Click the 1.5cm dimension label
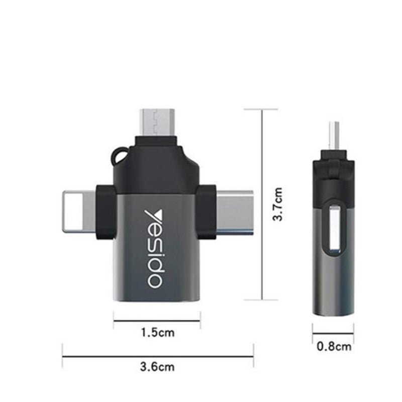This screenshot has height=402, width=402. (157, 332)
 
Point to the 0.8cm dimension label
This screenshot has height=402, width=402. (334, 346)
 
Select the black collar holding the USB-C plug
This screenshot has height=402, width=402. (206, 211)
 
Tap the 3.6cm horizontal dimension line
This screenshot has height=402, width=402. (157, 357)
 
